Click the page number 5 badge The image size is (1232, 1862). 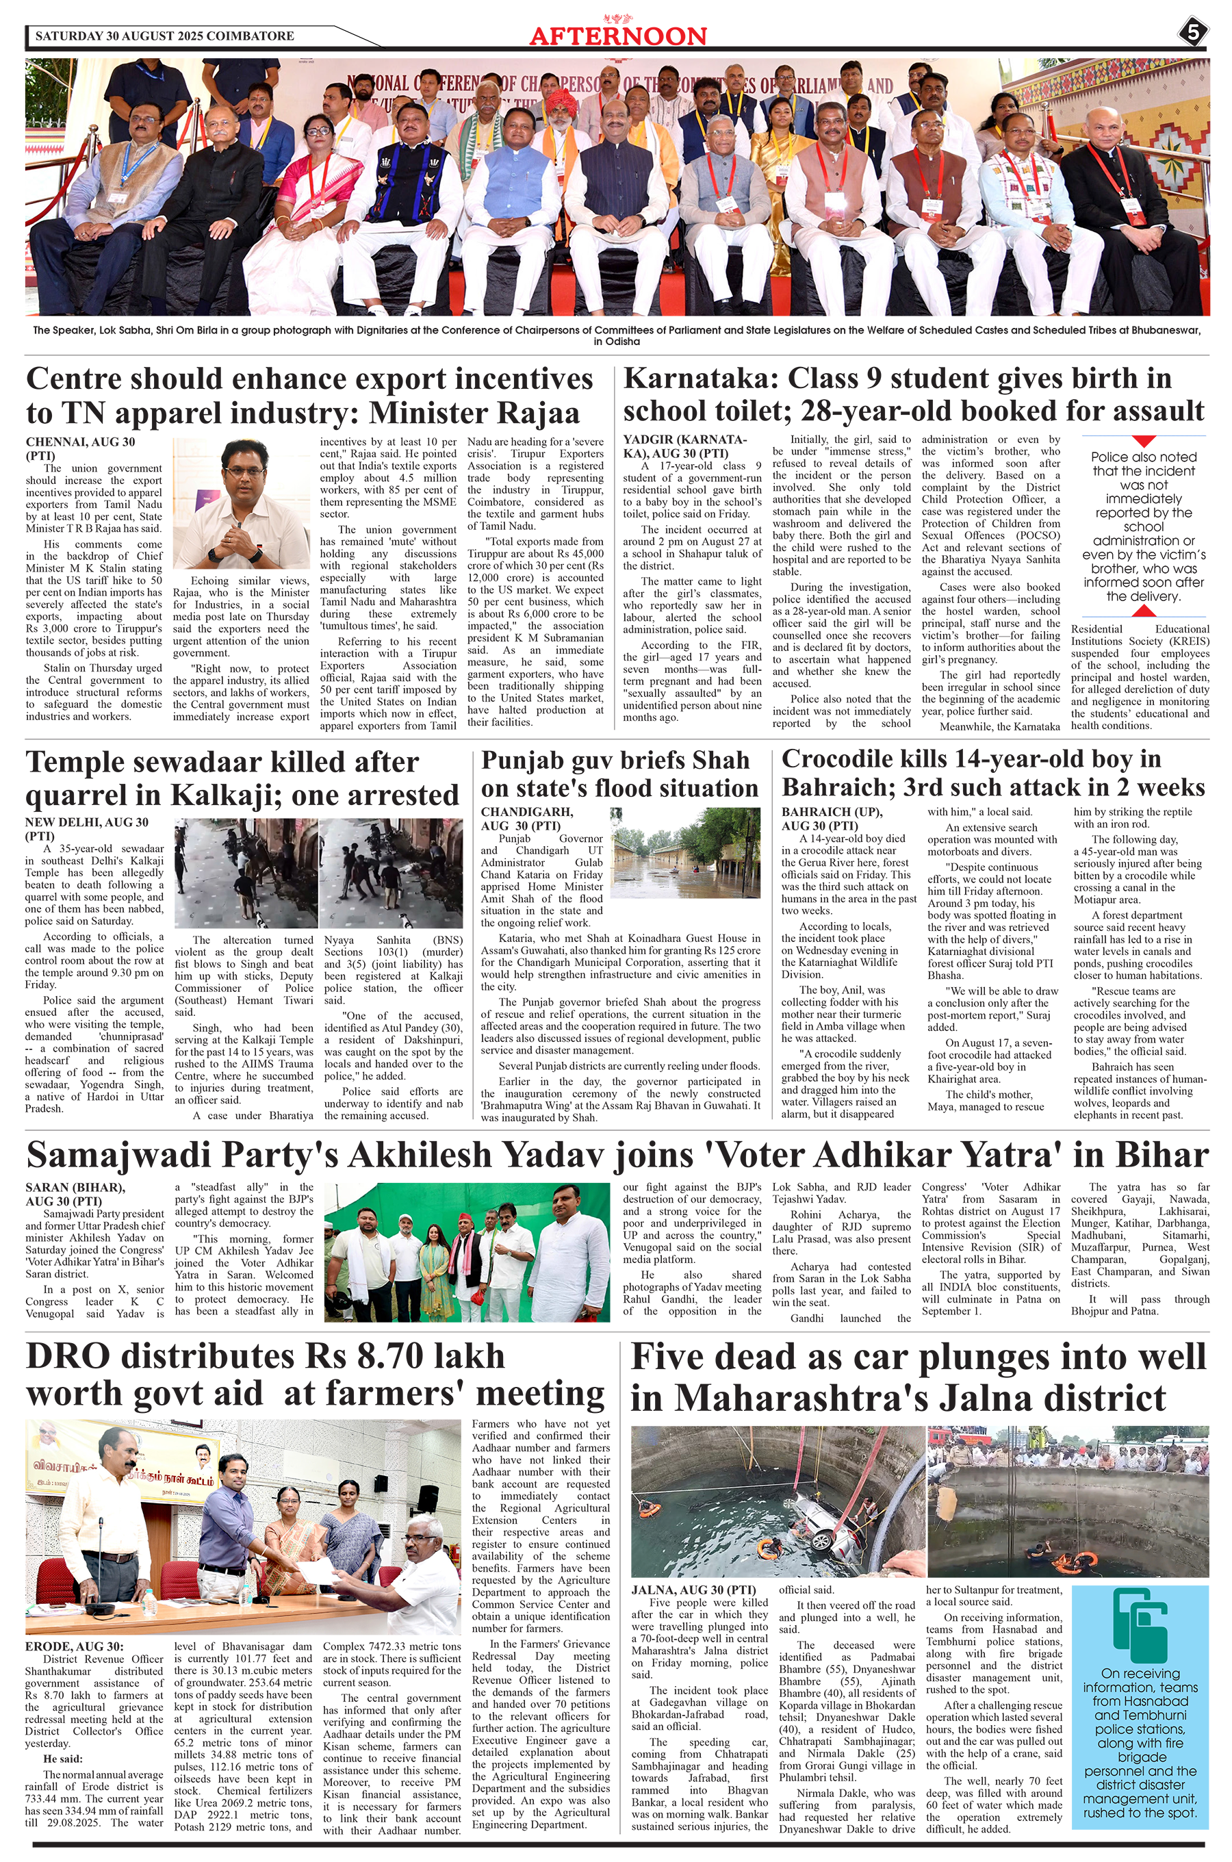pyautogui.click(x=1193, y=34)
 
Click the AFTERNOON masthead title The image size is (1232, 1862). pyautogui.click(x=617, y=36)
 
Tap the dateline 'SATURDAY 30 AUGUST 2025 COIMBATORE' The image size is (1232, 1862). pyautogui.click(x=165, y=36)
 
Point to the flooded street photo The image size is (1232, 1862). pyautogui.click(x=686, y=852)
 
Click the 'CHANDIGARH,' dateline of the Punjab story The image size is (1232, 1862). pyautogui.click(x=527, y=813)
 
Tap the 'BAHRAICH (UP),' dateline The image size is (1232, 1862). pyautogui.click(x=832, y=813)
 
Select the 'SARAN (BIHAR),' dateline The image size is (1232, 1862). pyautogui.click(x=75, y=1188)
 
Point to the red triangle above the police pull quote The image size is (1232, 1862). pyautogui.click(x=1143, y=441)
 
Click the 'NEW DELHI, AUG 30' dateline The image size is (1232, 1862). pyautogui.click(x=86, y=823)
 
